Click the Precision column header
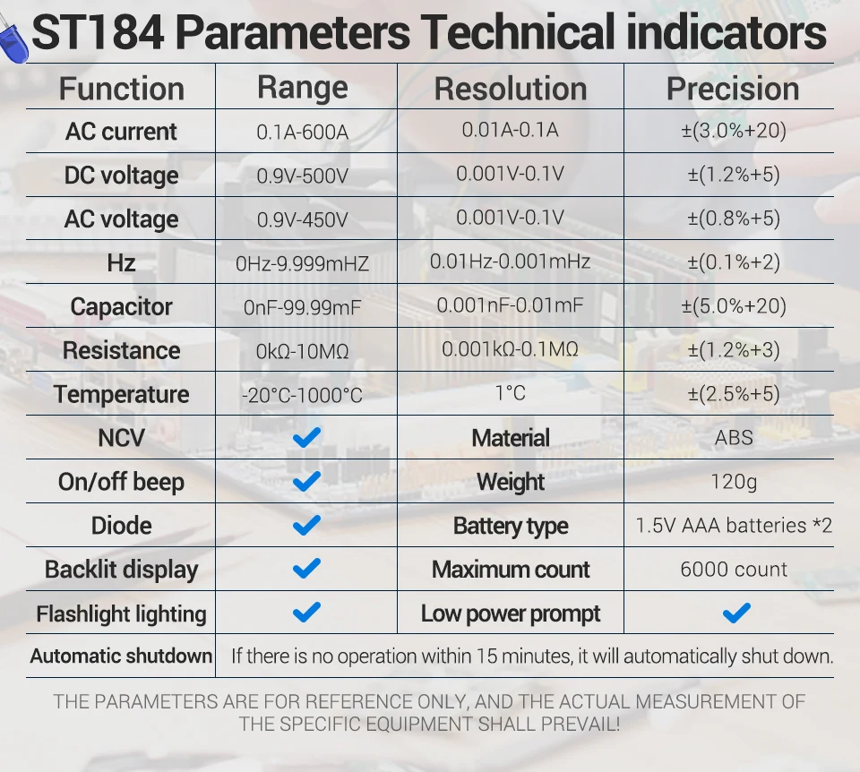tap(733, 89)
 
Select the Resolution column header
tap(511, 89)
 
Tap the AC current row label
tap(121, 132)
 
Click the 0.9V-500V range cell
tap(303, 176)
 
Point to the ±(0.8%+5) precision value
tap(733, 219)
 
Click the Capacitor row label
tap(121, 307)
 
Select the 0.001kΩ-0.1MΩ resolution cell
tap(510, 349)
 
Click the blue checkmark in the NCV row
tap(306, 438)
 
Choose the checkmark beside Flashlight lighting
tap(306, 613)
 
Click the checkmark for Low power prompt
tap(736, 613)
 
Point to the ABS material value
tap(734, 439)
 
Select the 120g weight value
tap(734, 482)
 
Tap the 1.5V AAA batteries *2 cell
tap(734, 526)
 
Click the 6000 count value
tap(734, 570)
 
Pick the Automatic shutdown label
tap(121, 656)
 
